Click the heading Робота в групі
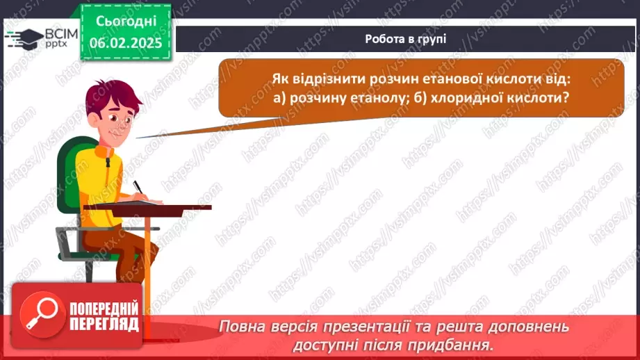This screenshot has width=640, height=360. (405, 39)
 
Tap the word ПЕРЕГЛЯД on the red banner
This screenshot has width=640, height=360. (104, 323)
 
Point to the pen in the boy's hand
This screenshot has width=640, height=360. (138, 188)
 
